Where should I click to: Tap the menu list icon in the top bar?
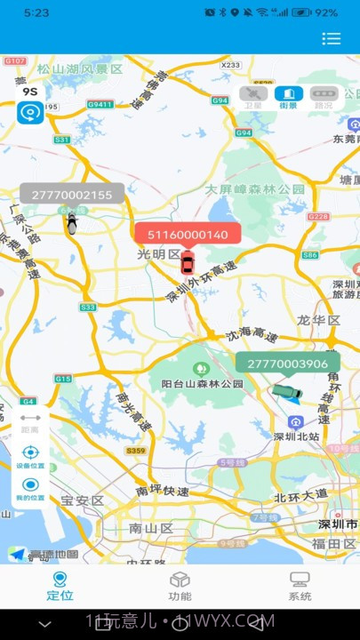coord(332,38)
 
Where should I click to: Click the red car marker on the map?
coord(187,263)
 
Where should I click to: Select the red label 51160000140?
coord(188,235)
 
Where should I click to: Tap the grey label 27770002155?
coord(72,195)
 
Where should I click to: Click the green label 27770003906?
coord(287,364)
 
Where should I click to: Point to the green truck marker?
coord(287,392)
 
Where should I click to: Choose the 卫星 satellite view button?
coord(254,96)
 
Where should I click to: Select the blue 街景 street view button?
coord(289,96)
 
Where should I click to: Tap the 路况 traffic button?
coord(323,96)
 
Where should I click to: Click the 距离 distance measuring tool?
coord(30,421)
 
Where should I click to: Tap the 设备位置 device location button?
coord(30,455)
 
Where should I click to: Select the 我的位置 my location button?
coord(30,488)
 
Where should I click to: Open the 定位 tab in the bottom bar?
coord(60,586)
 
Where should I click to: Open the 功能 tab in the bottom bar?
coord(180,586)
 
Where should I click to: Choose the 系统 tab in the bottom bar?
coord(300,586)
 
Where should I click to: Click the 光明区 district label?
coord(158,254)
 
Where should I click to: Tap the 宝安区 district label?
coord(83,501)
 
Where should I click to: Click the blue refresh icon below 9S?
coord(30,113)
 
